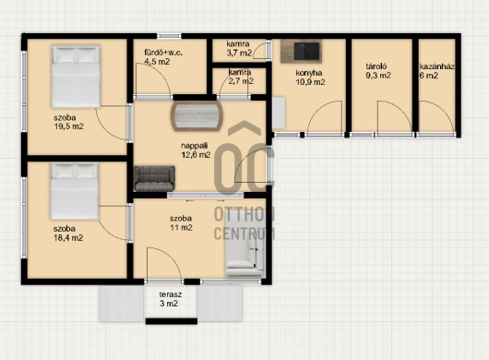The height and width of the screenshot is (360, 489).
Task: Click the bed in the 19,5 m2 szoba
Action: click(x=76, y=77)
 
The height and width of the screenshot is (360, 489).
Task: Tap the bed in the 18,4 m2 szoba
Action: click(x=75, y=191)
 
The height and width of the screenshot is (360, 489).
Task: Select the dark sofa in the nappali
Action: click(x=154, y=178)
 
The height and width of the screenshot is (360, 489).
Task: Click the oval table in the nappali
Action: click(x=197, y=116)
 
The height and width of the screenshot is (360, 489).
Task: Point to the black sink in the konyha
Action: click(x=306, y=51)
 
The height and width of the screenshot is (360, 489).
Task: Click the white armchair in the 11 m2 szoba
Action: click(x=245, y=247)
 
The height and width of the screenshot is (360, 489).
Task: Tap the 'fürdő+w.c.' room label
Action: click(x=163, y=53)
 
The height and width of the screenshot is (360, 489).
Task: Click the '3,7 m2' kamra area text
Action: click(x=239, y=53)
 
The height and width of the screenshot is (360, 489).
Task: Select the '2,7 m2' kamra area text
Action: click(x=241, y=81)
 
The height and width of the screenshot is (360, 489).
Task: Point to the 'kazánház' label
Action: click(x=436, y=66)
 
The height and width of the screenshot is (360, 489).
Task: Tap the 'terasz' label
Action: click(x=171, y=294)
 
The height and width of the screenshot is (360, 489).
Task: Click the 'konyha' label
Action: click(x=309, y=73)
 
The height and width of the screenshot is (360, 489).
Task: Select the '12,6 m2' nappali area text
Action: click(x=196, y=155)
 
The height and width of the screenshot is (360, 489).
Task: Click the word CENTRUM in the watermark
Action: click(x=244, y=234)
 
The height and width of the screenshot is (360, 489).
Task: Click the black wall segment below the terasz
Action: click(x=172, y=321)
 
